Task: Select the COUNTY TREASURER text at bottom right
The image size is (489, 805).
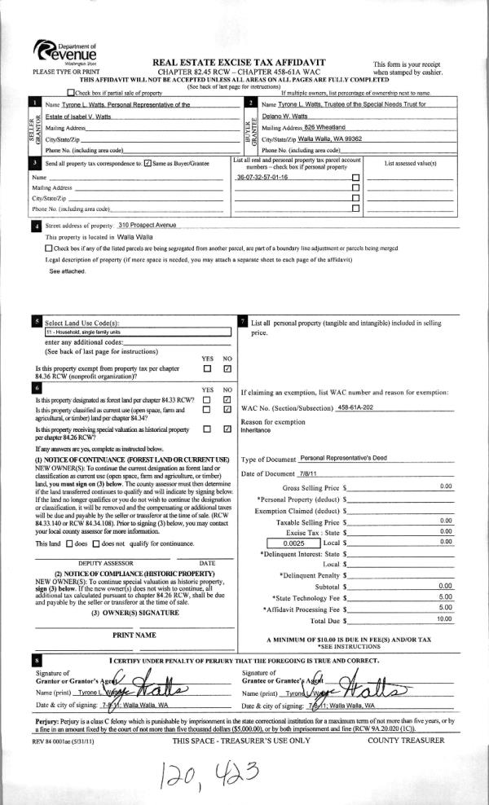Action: (x=405, y=740)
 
